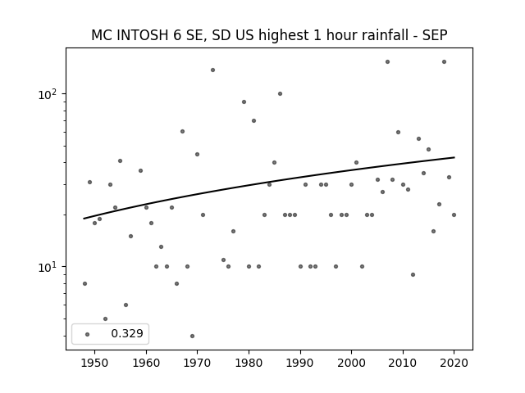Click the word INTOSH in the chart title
(143, 35)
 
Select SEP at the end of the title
(435, 35)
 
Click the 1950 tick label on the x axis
(94, 363)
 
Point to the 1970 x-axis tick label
(197, 363)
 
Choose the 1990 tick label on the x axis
(300, 363)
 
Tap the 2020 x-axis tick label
(454, 363)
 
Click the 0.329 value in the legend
(127, 333)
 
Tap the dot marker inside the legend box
(87, 334)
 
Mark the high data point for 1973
(212, 70)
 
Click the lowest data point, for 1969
(192, 336)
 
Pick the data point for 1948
(84, 284)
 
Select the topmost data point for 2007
(387, 62)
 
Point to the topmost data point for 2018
(444, 62)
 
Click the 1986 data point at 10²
(280, 94)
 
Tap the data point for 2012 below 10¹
(413, 275)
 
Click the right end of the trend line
(454, 157)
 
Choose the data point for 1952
(105, 318)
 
